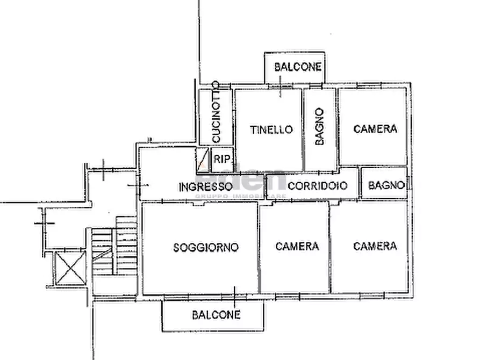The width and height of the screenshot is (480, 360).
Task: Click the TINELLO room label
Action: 271,129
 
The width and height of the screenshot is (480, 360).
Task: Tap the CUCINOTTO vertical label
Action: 215,112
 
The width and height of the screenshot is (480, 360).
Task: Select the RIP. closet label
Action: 222,159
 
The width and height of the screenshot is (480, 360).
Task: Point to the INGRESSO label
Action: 205,187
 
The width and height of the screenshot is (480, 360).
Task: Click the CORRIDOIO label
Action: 318,186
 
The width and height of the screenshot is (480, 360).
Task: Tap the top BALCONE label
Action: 298,67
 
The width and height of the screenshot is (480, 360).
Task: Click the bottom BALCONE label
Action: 216,315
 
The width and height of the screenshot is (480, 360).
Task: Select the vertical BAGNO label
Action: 319,127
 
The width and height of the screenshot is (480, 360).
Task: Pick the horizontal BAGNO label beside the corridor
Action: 386,185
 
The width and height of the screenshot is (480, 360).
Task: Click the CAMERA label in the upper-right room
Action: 375,129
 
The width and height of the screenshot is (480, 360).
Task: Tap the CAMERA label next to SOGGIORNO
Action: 297,246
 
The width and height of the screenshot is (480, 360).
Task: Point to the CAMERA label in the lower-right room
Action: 375,246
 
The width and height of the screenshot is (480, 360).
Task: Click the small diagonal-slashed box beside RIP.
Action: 203,160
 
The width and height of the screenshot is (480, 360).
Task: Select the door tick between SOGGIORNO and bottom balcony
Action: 235,295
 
